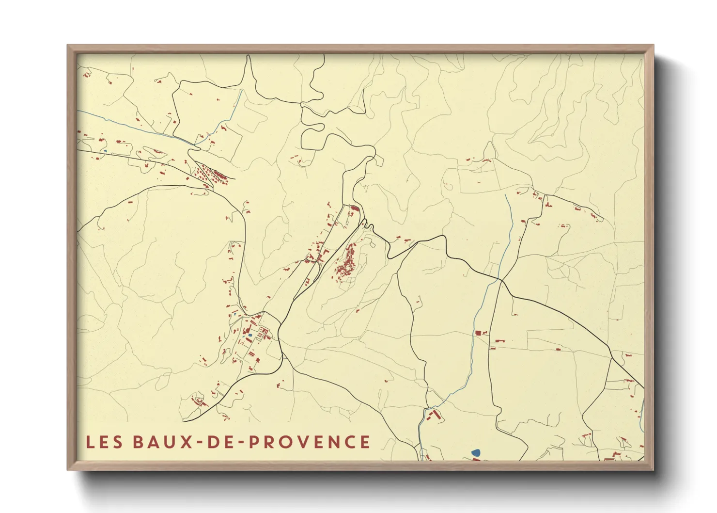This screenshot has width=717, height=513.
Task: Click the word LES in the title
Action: [104, 442]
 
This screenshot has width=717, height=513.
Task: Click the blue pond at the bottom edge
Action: [476, 453]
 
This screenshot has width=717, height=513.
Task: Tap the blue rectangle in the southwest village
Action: [250, 335]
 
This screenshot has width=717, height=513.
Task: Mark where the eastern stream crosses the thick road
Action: [500, 280]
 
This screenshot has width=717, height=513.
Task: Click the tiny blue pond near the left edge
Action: [105, 151]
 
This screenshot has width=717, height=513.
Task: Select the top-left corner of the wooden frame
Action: [68, 46]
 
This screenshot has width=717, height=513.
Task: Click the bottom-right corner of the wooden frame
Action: [653, 469]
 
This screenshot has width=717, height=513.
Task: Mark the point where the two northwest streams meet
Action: [196, 144]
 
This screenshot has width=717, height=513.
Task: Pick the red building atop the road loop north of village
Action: [354, 208]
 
